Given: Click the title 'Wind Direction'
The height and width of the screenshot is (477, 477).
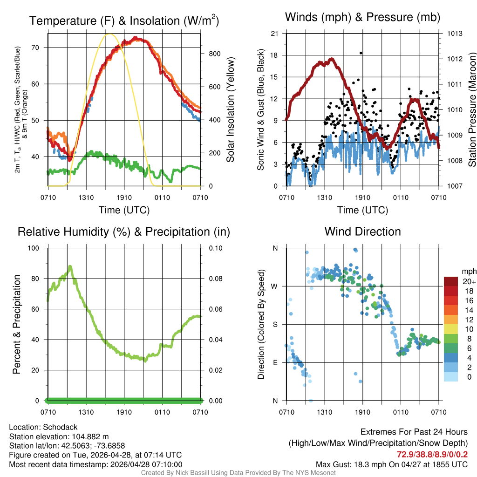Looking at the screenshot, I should tap(362, 232).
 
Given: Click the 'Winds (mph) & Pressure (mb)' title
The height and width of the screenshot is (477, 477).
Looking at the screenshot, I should tap(362, 17).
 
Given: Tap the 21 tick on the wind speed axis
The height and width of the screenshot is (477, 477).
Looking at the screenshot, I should tap(275, 34).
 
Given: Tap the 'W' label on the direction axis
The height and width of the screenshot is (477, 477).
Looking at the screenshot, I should tap(275, 286).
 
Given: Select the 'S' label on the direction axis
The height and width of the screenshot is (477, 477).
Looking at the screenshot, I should tap(275, 324).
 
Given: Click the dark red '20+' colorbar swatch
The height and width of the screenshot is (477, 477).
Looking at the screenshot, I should tap(450, 281).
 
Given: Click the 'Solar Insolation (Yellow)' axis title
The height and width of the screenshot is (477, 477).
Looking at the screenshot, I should tap(230, 110).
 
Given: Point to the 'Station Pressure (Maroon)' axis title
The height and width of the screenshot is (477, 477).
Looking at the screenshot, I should tap(471, 110).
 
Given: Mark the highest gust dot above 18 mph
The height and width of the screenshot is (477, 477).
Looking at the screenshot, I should tap(361, 53).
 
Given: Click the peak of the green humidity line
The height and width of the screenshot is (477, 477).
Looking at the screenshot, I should tap(70, 266).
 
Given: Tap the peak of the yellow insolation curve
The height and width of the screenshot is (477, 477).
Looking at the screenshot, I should tap(109, 34).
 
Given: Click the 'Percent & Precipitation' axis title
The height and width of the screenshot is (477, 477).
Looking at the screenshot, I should tap(17, 324).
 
